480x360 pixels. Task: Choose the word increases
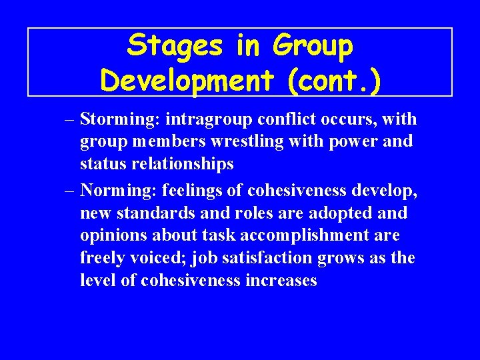(281, 281)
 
